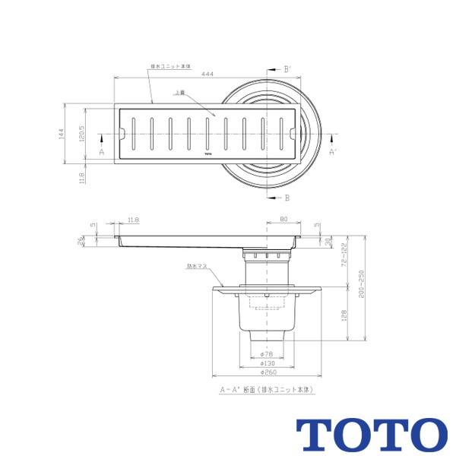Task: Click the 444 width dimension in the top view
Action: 207,74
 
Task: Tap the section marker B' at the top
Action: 287,69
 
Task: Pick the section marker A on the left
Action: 101,152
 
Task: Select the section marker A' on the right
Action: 331,152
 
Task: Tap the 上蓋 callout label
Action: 179,92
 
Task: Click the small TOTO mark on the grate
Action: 208,154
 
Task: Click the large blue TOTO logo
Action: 371,434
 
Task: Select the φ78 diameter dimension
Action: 267,355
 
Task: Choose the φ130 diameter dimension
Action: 267,364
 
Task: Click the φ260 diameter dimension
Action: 267,373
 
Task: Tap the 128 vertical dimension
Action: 344,315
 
